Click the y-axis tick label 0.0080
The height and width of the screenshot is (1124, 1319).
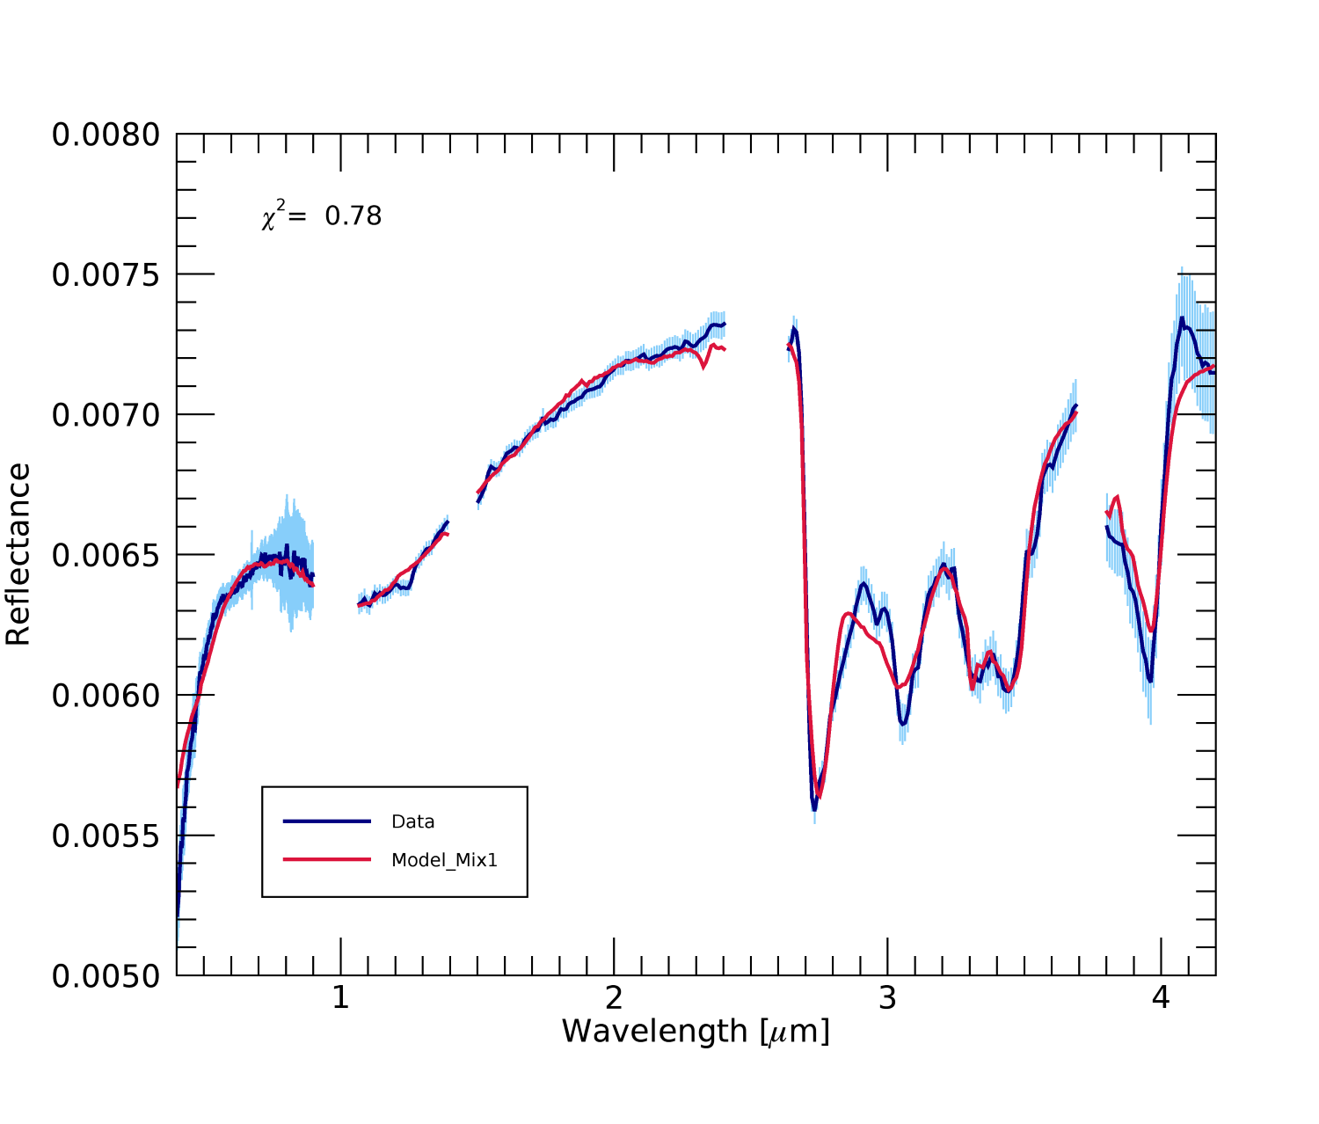pos(106,135)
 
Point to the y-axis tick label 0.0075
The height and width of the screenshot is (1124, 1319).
pos(106,275)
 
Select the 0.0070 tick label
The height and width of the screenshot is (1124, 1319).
pos(106,415)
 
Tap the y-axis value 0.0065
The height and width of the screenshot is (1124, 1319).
pos(106,556)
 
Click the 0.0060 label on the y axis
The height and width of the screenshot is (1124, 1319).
pos(106,696)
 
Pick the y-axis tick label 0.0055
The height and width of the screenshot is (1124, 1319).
pos(106,836)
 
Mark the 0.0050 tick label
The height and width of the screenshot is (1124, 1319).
pos(106,976)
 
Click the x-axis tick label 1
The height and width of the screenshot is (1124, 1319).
pos(340,998)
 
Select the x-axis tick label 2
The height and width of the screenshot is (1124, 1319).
pos(614,998)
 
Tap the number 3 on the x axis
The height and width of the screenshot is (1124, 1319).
pos(887,998)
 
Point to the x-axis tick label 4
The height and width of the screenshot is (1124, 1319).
pos(1161,998)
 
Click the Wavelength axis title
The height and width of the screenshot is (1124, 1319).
pos(696,1032)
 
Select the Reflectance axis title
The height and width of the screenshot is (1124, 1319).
pos(19,555)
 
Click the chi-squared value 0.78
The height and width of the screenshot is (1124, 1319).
pos(353,216)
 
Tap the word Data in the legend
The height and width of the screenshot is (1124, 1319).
pos(413,821)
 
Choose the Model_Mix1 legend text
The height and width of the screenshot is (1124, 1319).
pos(444,860)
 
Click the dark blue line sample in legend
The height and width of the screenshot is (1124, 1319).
pos(327,821)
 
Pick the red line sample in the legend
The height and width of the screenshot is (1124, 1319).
pos(327,859)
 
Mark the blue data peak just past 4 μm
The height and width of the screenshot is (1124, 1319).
pos(1182,319)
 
